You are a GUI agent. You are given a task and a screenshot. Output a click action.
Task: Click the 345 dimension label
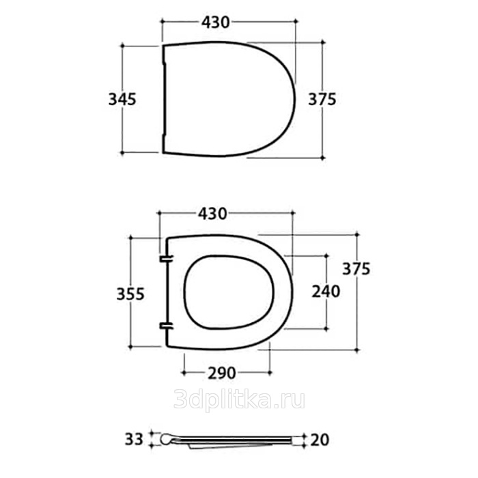(122, 100)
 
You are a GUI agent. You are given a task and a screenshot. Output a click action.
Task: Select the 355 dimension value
(130, 294)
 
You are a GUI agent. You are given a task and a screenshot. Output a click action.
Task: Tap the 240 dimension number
(326, 292)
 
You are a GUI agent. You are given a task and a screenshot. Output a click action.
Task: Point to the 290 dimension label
(222, 373)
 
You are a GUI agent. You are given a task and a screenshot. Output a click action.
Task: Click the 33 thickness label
(134, 440)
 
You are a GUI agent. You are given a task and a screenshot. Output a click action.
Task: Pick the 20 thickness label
(320, 440)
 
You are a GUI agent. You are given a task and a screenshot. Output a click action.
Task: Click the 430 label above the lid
(215, 23)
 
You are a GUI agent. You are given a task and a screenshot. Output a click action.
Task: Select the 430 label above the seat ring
(212, 214)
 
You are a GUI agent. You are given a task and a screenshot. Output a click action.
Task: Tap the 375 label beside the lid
(322, 100)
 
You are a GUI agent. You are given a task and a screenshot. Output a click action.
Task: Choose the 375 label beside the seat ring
(356, 269)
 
